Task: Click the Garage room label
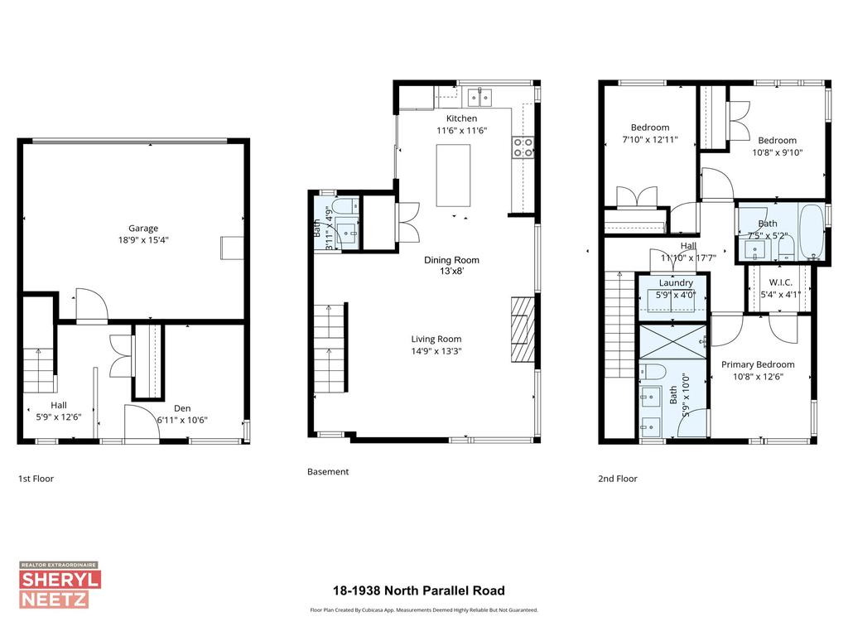tap(142, 229)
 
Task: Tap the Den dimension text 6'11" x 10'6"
tap(182, 420)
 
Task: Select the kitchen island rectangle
tap(453, 176)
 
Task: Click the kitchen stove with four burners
tap(523, 147)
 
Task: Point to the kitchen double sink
tap(478, 98)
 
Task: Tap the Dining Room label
tap(451, 260)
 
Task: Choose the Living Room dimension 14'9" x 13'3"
tap(436, 350)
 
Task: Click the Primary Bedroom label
tap(757, 364)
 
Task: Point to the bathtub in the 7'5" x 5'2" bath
tap(811, 232)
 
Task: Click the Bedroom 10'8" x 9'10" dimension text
tap(777, 152)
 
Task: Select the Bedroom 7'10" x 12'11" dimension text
tap(650, 140)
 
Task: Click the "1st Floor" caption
tap(36, 479)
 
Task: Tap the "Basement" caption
tap(328, 472)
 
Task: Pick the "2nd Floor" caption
tap(618, 479)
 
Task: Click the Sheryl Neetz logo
tap(59, 585)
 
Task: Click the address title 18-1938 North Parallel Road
tap(418, 591)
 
